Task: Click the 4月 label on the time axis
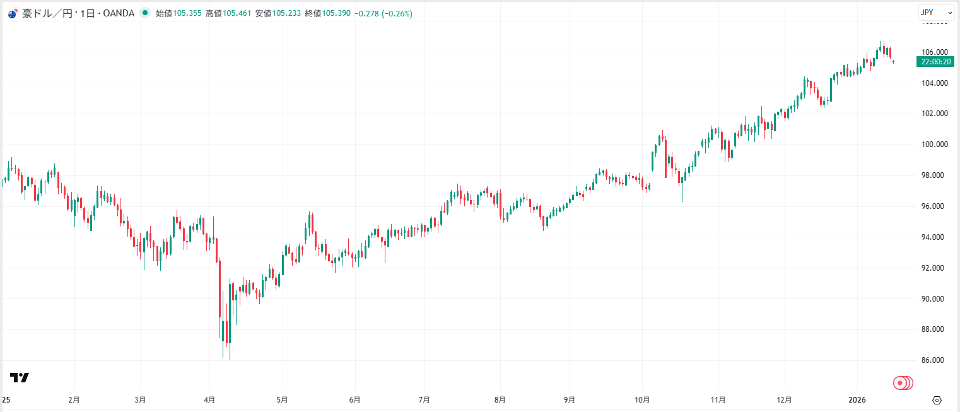(209, 400)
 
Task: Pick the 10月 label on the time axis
(642, 400)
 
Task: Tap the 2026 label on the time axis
(857, 400)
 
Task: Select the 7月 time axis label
(424, 400)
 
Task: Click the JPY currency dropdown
(936, 13)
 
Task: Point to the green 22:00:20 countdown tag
(935, 62)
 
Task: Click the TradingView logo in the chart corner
(20, 378)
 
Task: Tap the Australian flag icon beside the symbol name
(12, 13)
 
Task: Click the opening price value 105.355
(187, 13)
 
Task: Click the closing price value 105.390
(336, 13)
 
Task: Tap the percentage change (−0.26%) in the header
(397, 13)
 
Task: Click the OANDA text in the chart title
(119, 13)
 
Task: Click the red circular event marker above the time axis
(901, 383)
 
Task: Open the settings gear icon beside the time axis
(937, 400)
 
